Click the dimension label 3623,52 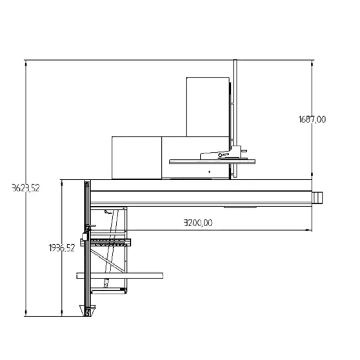pos(26,188)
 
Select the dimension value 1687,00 pos(312,120)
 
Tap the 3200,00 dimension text pos(198,223)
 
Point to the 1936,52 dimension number pos(62,248)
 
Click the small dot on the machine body pos(209,172)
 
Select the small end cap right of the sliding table pos(317,198)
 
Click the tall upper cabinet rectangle pos(208,107)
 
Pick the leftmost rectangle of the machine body pos(137,157)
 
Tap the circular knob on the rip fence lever pos(220,155)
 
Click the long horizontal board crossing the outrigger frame pos(120,276)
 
